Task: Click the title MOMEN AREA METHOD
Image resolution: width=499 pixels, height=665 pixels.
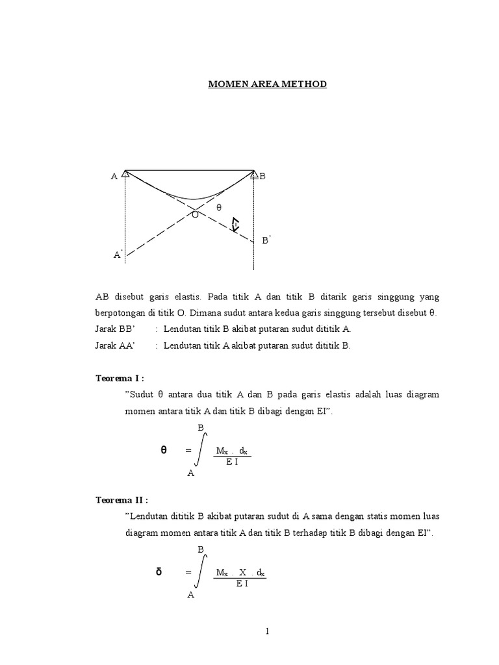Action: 267,84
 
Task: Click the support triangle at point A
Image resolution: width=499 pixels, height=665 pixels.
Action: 126,173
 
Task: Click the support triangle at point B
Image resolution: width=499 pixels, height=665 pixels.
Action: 254,174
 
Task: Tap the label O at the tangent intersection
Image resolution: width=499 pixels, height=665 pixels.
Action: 194,214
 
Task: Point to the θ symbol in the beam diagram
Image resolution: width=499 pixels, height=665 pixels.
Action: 219,207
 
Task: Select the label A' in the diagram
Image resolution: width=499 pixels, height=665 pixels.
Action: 118,255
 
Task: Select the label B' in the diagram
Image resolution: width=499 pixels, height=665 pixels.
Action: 266,240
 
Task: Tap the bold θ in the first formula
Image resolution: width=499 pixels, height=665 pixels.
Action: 164,449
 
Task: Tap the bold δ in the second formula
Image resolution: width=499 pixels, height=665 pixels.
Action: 159,571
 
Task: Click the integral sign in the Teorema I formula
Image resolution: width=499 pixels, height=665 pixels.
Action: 202,450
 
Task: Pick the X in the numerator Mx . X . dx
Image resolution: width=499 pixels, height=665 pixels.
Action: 242,573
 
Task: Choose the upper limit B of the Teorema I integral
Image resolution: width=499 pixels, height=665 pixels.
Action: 201,427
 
